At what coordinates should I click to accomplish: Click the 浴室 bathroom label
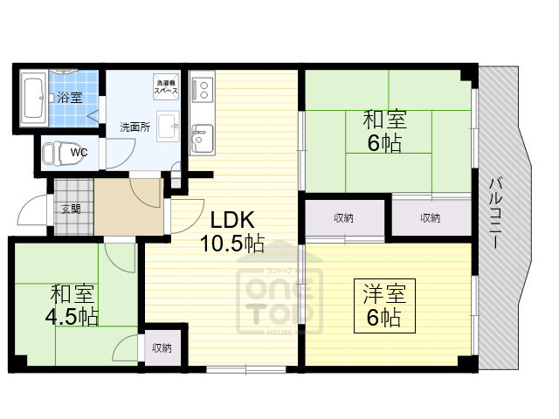click(71, 98)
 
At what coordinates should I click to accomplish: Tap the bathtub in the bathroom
click(34, 97)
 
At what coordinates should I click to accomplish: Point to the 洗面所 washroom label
click(135, 127)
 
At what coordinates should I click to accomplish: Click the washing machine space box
click(166, 85)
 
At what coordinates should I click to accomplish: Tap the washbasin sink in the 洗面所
click(168, 123)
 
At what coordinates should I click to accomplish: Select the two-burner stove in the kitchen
click(201, 90)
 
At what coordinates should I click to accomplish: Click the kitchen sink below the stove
click(201, 137)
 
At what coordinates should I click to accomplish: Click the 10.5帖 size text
click(231, 244)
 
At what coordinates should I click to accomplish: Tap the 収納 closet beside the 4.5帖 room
click(162, 347)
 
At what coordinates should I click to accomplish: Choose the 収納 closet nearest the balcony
click(430, 217)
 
